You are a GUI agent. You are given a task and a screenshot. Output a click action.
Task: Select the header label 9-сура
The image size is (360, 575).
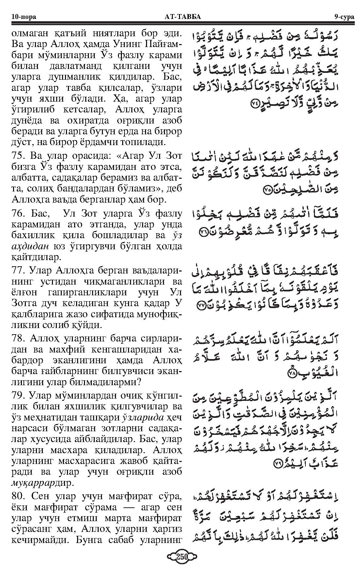(344, 17)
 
